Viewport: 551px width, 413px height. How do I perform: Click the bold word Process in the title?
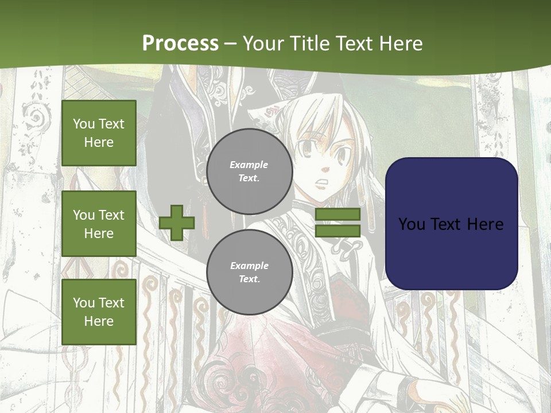pyautogui.click(x=180, y=43)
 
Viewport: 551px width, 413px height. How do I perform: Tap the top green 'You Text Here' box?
pyautogui.click(x=99, y=133)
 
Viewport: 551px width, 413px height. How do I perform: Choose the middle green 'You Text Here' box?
pyautogui.click(x=99, y=224)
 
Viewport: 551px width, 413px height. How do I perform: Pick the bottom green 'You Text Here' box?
pyautogui.click(x=99, y=312)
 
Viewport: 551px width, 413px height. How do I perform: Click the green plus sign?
pyautogui.click(x=177, y=222)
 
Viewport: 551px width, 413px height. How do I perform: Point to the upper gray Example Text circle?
pyautogui.click(x=249, y=172)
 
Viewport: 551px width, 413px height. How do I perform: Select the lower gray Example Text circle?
pyautogui.click(x=249, y=272)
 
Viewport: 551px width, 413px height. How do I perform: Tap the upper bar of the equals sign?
pyautogui.click(x=337, y=214)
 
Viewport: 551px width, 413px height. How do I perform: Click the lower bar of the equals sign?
pyautogui.click(x=337, y=231)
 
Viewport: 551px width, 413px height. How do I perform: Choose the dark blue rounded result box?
pyautogui.click(x=451, y=224)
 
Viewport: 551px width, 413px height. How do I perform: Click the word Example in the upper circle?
pyautogui.click(x=249, y=165)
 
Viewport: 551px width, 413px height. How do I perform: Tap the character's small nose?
pyautogui.click(x=325, y=169)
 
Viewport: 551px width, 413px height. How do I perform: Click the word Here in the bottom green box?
pyautogui.click(x=99, y=321)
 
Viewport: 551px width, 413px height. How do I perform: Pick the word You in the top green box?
pyautogui.click(x=84, y=124)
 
